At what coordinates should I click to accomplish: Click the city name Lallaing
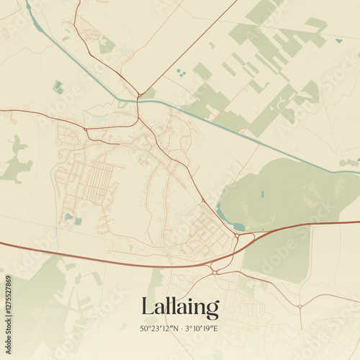click(180, 307)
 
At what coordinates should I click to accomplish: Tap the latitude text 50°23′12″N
click(158, 328)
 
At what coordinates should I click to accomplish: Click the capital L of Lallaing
click(147, 307)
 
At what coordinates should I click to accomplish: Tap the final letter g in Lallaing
click(212, 310)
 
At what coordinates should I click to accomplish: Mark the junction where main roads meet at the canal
click(138, 96)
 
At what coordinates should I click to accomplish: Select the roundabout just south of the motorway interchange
click(215, 272)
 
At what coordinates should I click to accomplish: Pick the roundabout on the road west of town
click(85, 130)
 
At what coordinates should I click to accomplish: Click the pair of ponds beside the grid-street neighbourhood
click(72, 219)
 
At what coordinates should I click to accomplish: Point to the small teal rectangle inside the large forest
click(262, 194)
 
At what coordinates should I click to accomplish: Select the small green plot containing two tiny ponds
click(57, 87)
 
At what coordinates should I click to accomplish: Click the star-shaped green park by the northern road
click(107, 45)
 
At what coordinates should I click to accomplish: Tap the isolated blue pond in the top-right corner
click(338, 40)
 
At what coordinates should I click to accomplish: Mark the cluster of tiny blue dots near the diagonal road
click(179, 72)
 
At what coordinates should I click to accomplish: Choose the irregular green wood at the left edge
click(16, 162)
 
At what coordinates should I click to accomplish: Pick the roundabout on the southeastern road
click(299, 306)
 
